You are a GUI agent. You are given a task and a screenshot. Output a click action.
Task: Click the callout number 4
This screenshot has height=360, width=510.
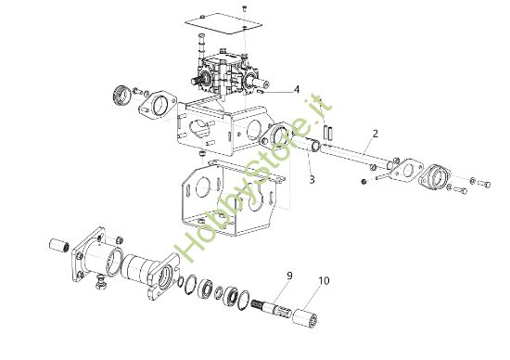pos(297,89)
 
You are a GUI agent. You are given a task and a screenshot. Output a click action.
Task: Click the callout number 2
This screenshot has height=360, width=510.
pos(374,134)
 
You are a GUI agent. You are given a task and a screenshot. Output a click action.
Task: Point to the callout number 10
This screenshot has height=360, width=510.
pos(323,280)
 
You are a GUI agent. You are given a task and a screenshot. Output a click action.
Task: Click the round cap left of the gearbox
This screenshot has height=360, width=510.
pos(120,95)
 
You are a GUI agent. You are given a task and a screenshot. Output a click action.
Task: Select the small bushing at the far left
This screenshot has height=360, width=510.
pos(62,248)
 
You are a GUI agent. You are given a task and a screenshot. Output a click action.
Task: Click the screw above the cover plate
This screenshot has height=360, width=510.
pos(242,6)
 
